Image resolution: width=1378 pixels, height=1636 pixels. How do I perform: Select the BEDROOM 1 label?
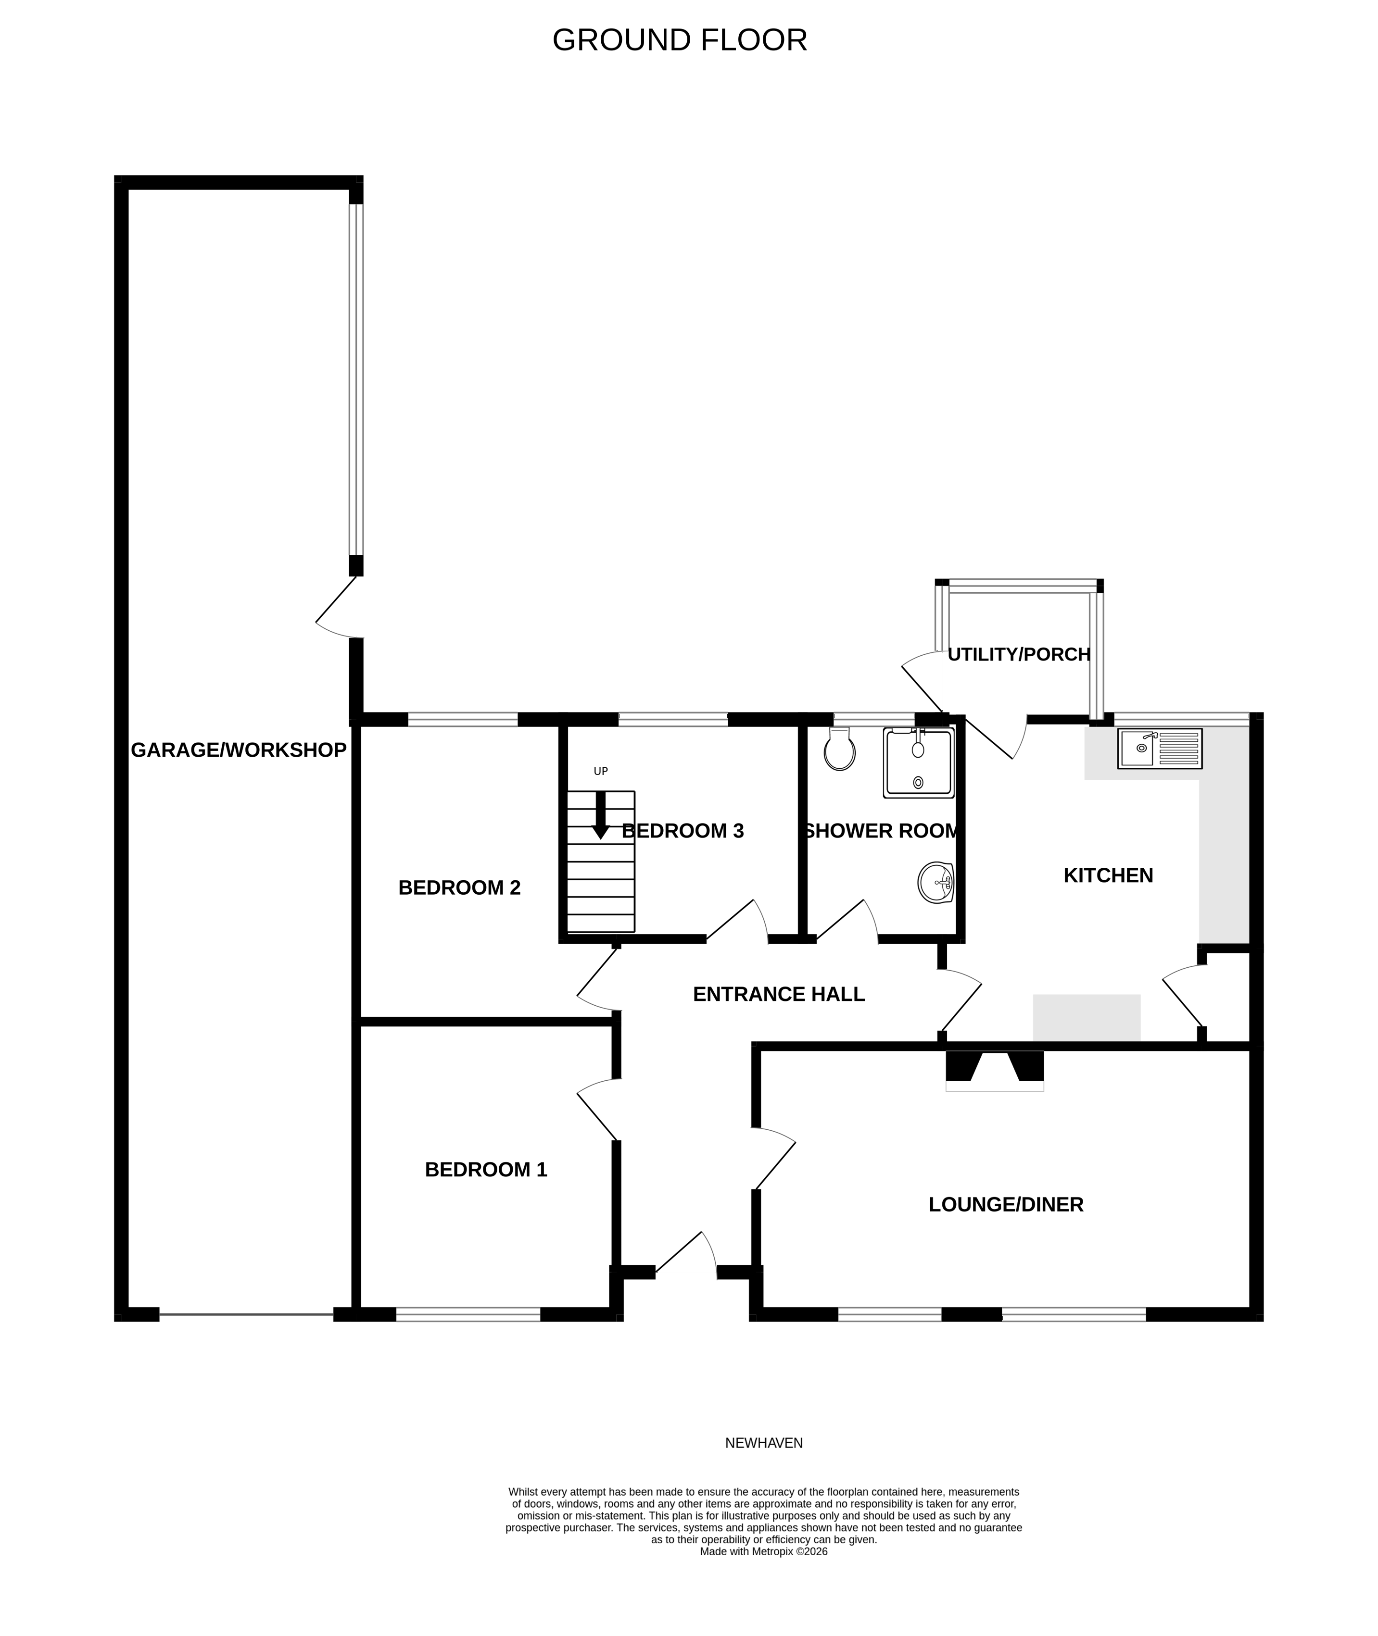(485, 1169)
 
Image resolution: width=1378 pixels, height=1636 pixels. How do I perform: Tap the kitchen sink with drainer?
(1159, 748)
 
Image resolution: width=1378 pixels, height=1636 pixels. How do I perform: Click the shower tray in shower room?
(918, 763)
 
